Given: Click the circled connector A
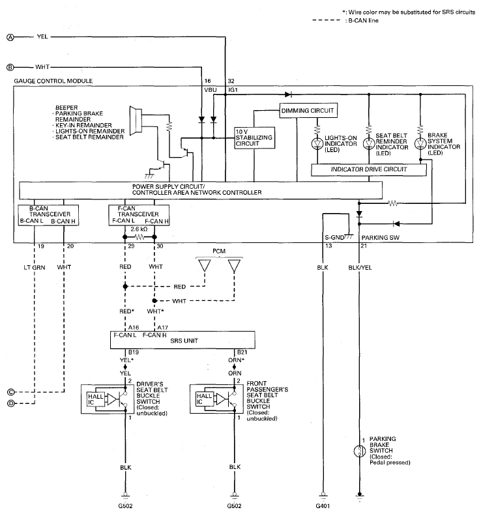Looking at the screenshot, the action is (x=10, y=37).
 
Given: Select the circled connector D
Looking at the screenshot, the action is (x=10, y=403).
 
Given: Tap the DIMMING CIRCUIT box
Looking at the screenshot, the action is (x=308, y=111).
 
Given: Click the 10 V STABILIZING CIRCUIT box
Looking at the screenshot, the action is (x=254, y=138).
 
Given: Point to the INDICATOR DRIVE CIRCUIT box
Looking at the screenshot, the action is (x=368, y=169).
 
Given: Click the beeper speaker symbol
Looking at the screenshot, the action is (x=136, y=121).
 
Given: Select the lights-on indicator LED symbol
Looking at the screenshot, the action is (x=317, y=143).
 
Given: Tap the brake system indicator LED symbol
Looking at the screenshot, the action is (x=420, y=143).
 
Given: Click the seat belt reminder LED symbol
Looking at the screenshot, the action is (x=368, y=143).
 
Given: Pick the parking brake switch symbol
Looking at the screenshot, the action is (x=360, y=451).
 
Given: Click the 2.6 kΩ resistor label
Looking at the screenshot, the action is (x=139, y=229).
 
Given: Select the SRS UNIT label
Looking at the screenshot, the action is (x=184, y=341).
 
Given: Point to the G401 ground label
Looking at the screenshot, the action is (x=323, y=506).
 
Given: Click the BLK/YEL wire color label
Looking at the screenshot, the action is (x=360, y=268).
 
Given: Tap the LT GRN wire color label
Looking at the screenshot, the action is (x=35, y=268).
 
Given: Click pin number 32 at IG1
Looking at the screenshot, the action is (x=231, y=81).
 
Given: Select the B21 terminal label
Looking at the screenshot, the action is (x=242, y=352).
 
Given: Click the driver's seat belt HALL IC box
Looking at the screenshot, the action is (x=95, y=399).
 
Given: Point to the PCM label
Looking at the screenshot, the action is (x=219, y=251).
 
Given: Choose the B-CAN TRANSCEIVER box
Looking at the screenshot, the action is (x=48, y=215).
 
